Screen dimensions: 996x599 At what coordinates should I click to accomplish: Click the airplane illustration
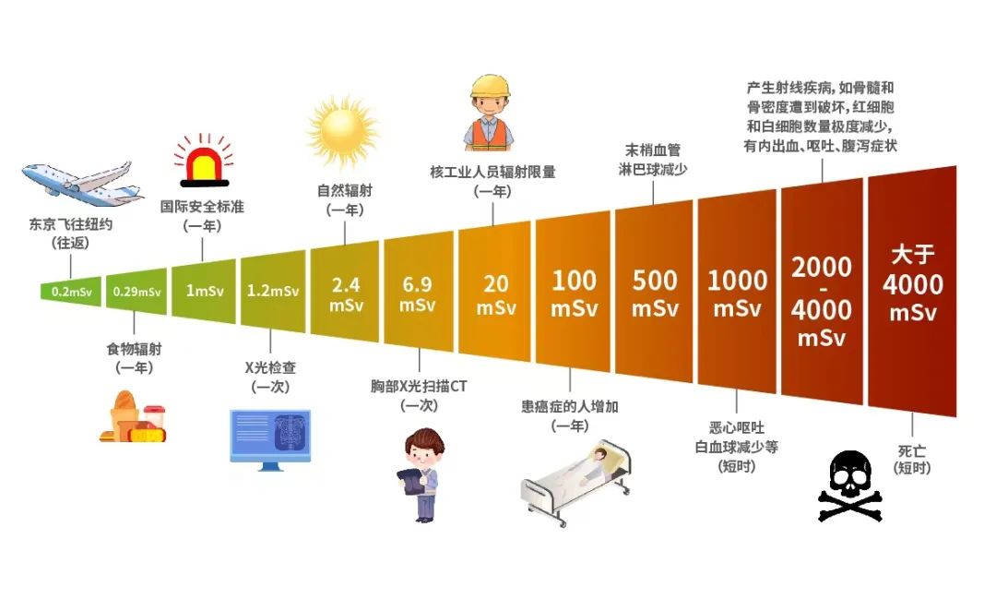(81, 184)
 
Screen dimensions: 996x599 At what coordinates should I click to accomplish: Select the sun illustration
(343, 133)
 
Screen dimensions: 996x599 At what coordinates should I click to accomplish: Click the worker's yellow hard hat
(491, 87)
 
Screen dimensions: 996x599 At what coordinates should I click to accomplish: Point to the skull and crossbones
(850, 486)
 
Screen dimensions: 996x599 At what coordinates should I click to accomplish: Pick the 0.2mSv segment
(70, 292)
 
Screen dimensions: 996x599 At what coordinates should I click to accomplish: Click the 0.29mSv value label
(136, 292)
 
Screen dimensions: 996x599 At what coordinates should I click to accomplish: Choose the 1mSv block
(204, 292)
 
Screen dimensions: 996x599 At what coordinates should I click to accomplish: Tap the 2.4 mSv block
(345, 292)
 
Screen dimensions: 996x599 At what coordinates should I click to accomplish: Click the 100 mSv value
(574, 294)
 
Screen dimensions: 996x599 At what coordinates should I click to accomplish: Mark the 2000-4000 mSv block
(822, 292)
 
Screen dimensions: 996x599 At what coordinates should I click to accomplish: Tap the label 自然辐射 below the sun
(345, 190)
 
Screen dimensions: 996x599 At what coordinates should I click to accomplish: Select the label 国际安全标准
(202, 207)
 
